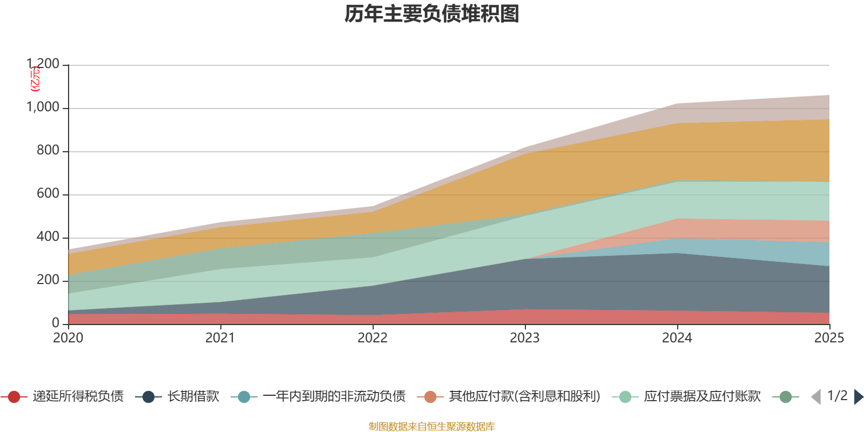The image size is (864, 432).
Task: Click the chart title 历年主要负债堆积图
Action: click(432, 14)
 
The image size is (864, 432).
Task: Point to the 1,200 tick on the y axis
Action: click(43, 64)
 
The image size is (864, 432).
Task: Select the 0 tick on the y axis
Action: click(55, 323)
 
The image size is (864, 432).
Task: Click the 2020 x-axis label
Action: click(68, 338)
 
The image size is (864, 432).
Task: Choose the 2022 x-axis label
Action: click(373, 338)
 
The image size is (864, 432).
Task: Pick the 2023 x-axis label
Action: click(525, 338)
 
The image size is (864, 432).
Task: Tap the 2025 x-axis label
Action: click(829, 338)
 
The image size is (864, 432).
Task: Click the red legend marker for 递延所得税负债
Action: click(14, 397)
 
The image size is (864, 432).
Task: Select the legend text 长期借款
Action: click(193, 396)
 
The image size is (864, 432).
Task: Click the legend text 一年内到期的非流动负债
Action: click(334, 396)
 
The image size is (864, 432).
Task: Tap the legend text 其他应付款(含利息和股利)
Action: click(524, 396)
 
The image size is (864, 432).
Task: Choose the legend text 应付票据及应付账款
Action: click(702, 396)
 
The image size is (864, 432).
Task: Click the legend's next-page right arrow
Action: click(858, 397)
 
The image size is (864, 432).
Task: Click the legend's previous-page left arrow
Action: click(816, 397)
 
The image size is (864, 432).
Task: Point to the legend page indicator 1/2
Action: click(837, 396)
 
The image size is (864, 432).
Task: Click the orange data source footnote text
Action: click(432, 427)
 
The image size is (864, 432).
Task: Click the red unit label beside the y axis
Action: click(34, 79)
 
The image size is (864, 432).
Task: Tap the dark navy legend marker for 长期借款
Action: click(148, 397)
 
